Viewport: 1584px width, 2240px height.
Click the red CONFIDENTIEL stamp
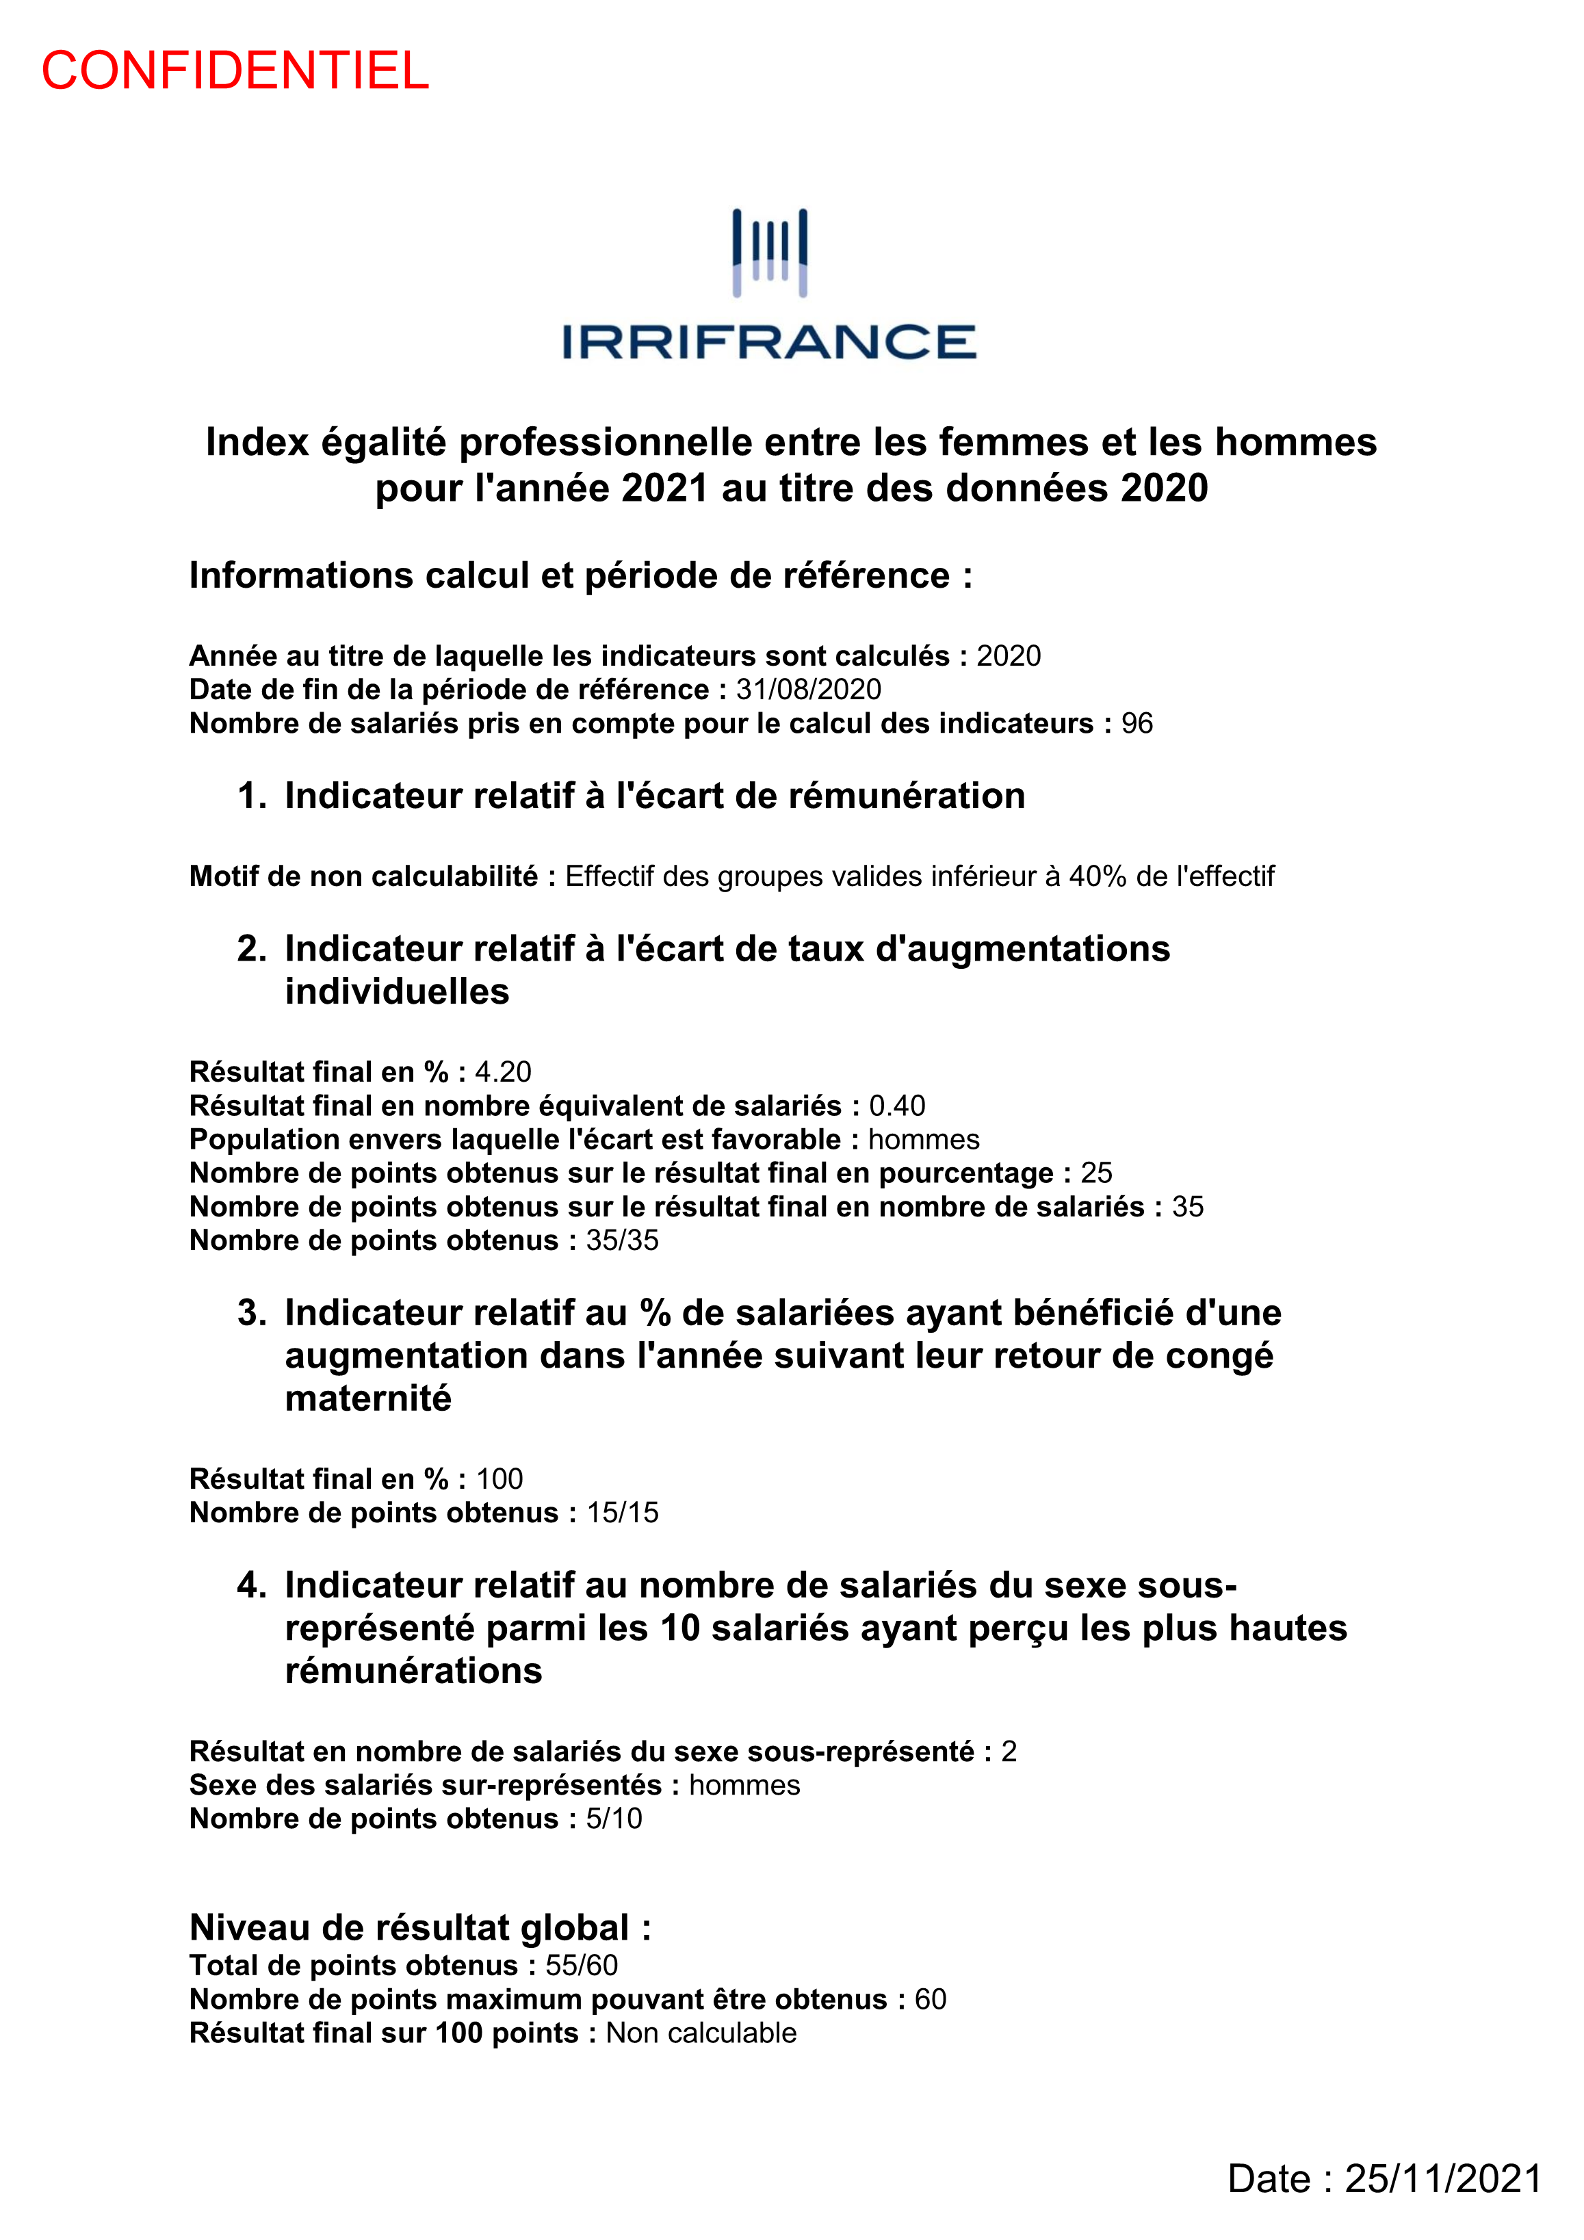coord(235,71)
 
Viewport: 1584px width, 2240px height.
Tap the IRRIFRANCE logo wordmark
coord(769,343)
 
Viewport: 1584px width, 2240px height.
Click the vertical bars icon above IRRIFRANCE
coord(770,252)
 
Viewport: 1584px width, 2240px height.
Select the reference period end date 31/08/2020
coord(808,690)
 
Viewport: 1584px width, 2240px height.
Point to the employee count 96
coord(1137,724)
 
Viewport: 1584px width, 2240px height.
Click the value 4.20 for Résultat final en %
coord(503,1072)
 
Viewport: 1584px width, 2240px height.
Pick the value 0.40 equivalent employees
coord(897,1106)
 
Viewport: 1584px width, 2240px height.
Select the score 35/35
coord(622,1241)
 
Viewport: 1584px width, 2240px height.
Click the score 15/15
coord(623,1513)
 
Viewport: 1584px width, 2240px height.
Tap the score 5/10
coord(614,1819)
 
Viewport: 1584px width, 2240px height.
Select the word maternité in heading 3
coord(368,1399)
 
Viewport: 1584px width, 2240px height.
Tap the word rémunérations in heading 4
coord(414,1671)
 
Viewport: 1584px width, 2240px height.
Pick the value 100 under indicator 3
coord(499,1479)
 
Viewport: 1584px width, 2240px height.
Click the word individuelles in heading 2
coord(398,992)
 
